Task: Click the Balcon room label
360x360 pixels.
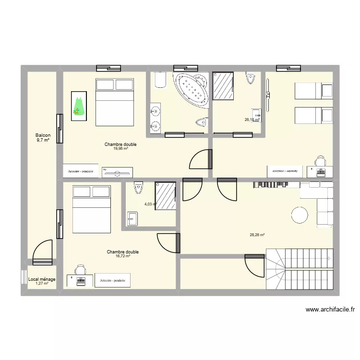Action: tap(43, 135)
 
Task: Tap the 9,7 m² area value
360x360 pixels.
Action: tap(43, 140)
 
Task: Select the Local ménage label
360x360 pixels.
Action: tap(42, 279)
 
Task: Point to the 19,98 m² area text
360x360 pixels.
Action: tap(120, 149)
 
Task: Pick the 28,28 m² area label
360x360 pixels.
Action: tap(257, 235)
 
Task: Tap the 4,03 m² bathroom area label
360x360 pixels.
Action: tap(150, 204)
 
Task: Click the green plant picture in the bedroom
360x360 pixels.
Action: tap(78, 106)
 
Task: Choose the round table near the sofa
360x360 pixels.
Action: tap(300, 215)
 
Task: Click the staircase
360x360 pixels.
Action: tap(299, 269)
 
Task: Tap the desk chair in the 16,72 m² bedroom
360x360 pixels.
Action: tap(80, 270)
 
